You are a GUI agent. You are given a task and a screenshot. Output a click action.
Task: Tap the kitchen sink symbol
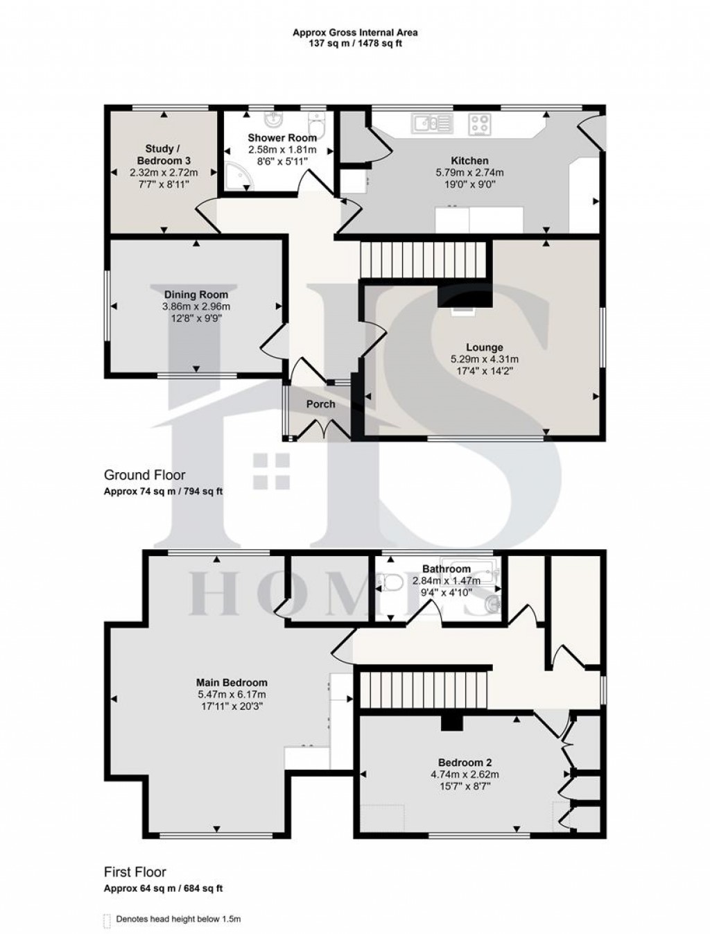[431, 124]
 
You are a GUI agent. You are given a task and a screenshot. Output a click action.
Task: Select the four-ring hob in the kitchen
[479, 125]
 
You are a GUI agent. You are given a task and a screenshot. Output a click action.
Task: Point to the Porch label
[320, 404]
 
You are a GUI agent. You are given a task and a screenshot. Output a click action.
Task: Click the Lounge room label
[485, 347]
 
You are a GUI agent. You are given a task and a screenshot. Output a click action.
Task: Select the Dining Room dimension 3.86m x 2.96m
[196, 306]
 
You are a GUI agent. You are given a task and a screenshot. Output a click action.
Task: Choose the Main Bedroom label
[231, 682]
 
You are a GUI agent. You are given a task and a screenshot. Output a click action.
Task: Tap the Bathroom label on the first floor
[441, 569]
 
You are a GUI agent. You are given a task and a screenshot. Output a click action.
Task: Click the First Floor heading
[135, 872]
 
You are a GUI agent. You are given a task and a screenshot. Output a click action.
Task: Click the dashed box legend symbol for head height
[107, 919]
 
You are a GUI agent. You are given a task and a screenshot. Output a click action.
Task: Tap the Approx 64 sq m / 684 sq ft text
[163, 888]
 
